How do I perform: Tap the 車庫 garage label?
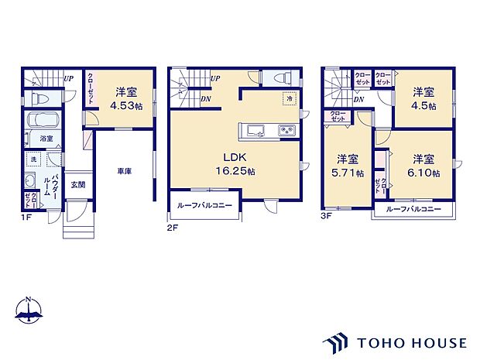tap(124, 170)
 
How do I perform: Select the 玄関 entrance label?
tap(79, 184)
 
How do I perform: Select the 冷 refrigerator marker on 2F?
tap(288, 100)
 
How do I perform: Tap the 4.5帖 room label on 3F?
tap(423, 99)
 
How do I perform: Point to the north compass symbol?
tap(28, 311)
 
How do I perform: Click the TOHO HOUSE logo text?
tap(411, 341)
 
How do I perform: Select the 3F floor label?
tap(327, 217)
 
